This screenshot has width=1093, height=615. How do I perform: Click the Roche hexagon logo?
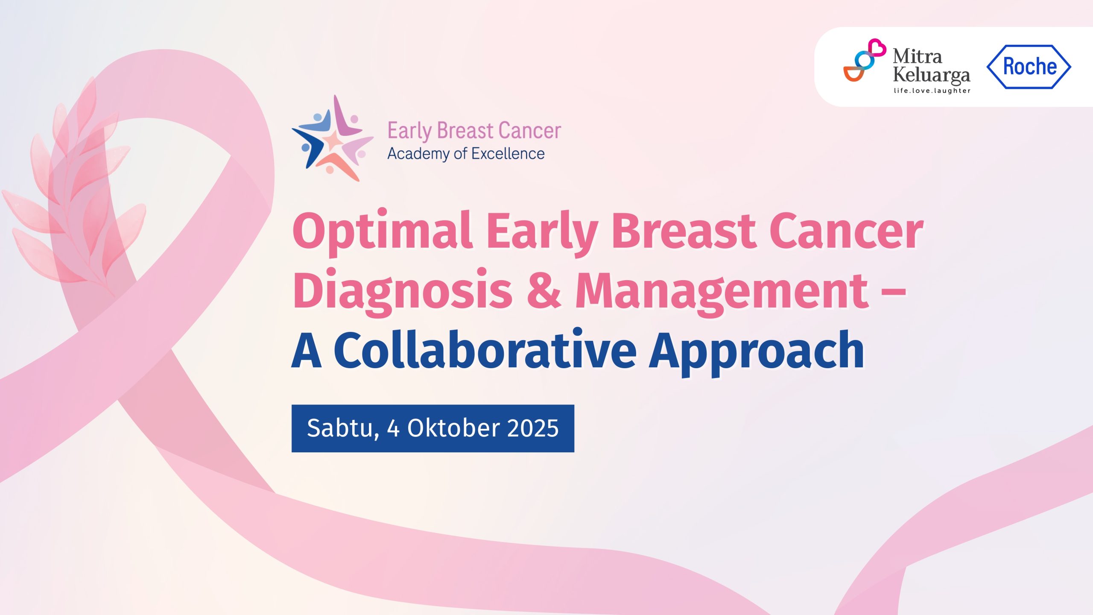click(1029, 67)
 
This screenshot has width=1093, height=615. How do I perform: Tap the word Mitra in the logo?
click(917, 56)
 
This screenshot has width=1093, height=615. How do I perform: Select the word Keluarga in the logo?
click(932, 76)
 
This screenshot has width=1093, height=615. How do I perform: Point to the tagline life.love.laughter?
click(932, 91)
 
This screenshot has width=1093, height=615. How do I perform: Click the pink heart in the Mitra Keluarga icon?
click(877, 47)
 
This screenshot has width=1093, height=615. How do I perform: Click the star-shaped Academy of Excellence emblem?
click(332, 138)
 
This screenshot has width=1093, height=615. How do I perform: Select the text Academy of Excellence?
click(466, 154)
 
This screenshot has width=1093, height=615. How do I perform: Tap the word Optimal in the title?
click(382, 232)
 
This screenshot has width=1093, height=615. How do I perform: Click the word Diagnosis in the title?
click(402, 291)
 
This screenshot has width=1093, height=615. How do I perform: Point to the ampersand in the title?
click(544, 289)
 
